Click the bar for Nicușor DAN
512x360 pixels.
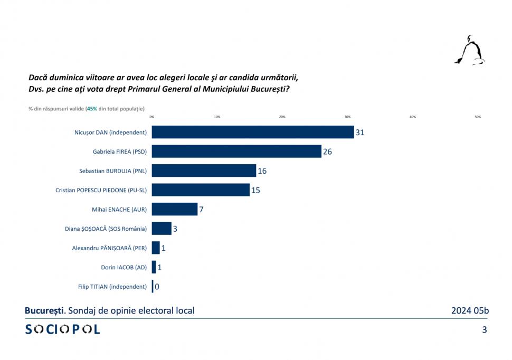point(252,132)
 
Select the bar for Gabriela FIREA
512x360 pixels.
point(236,151)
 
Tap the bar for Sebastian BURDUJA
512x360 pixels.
point(204,170)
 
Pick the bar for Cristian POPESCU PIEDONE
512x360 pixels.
point(201,190)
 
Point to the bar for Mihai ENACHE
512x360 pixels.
point(175,209)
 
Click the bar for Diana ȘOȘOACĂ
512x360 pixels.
point(162,229)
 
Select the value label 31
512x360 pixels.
point(360,132)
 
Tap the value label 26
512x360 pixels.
point(327,152)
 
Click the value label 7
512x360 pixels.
point(201,210)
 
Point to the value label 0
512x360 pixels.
point(157,287)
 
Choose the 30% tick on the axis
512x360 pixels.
point(347,117)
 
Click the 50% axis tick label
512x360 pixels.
point(478,117)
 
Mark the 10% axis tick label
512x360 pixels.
point(217,117)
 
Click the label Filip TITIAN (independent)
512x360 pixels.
point(112,287)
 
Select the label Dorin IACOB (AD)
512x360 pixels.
point(124,267)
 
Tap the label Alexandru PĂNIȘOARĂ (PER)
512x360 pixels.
point(109,248)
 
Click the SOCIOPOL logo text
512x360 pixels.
point(63,329)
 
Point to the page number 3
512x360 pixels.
point(484,330)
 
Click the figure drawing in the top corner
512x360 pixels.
point(470,51)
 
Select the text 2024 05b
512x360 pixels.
point(470,310)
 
